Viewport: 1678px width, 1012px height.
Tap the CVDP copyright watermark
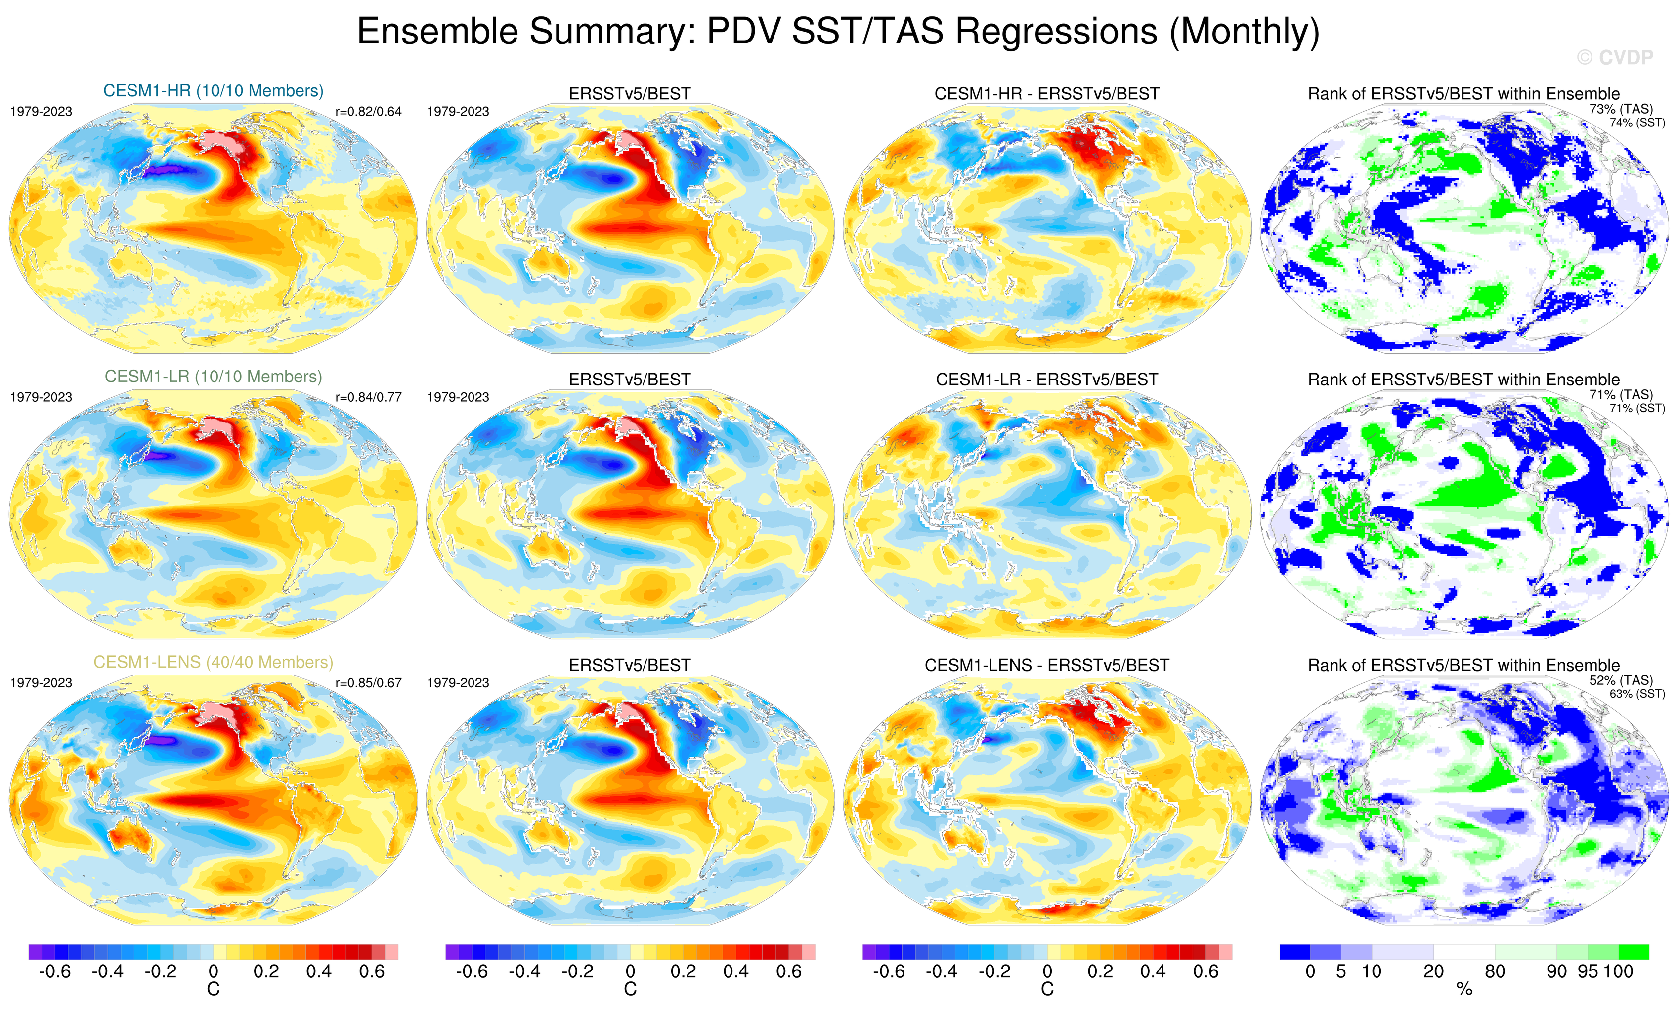click(1615, 58)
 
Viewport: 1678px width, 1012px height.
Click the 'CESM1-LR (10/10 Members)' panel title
click(213, 377)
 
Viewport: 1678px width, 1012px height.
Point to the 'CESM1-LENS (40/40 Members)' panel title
click(213, 662)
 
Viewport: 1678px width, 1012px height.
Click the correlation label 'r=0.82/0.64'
click(368, 112)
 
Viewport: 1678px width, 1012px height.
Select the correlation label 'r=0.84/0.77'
click(368, 397)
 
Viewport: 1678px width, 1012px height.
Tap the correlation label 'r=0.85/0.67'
click(368, 682)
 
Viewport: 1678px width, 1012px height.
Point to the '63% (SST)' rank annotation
click(1637, 694)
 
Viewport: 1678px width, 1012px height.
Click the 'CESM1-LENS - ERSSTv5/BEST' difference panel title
click(1047, 665)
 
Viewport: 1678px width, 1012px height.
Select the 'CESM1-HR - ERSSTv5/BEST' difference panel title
click(1047, 94)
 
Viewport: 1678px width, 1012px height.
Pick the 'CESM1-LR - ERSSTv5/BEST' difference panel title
click(1047, 379)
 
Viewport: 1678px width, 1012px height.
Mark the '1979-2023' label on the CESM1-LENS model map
click(41, 682)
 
